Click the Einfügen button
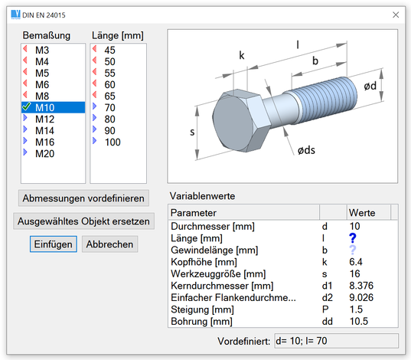(54, 244)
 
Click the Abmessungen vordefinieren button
(83, 198)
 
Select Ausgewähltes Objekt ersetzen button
(83, 221)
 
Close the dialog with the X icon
(396, 15)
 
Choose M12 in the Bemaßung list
(45, 119)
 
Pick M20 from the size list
(45, 153)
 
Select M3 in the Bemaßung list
(42, 50)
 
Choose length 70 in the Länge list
(109, 107)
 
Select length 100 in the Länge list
(113, 142)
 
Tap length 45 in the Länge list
(109, 50)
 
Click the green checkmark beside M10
(27, 106)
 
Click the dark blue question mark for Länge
(353, 238)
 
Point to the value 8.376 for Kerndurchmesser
(361, 286)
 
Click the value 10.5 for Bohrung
(359, 321)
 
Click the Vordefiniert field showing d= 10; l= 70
(336, 341)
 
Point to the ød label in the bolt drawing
(370, 86)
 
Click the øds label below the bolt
(306, 150)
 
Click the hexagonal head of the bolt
(241, 121)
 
